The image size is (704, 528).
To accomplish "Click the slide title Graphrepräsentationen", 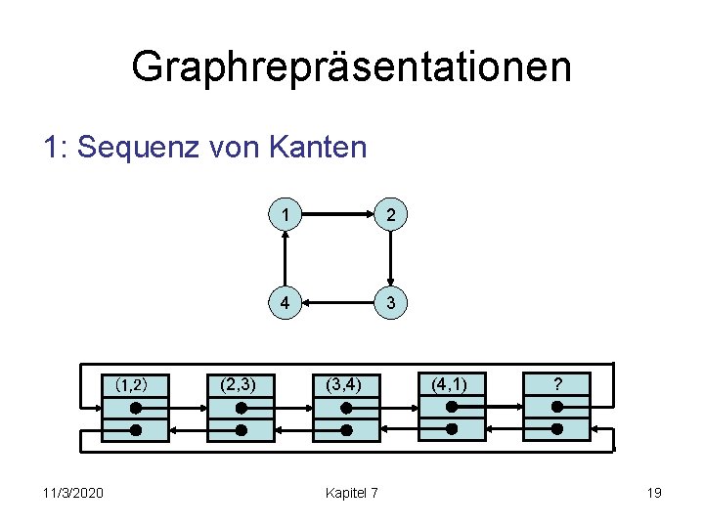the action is tap(351, 67).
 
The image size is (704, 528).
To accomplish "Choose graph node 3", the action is tap(390, 303).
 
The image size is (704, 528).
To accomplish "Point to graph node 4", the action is tap(285, 303).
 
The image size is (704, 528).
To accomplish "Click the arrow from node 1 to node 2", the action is tap(337, 212).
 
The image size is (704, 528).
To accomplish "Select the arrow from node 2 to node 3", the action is tap(390, 259).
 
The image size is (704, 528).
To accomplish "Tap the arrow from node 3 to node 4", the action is tap(337, 303).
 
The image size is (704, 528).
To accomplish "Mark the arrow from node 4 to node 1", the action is tap(285, 259).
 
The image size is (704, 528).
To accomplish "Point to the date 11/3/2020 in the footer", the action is tap(73, 492).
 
